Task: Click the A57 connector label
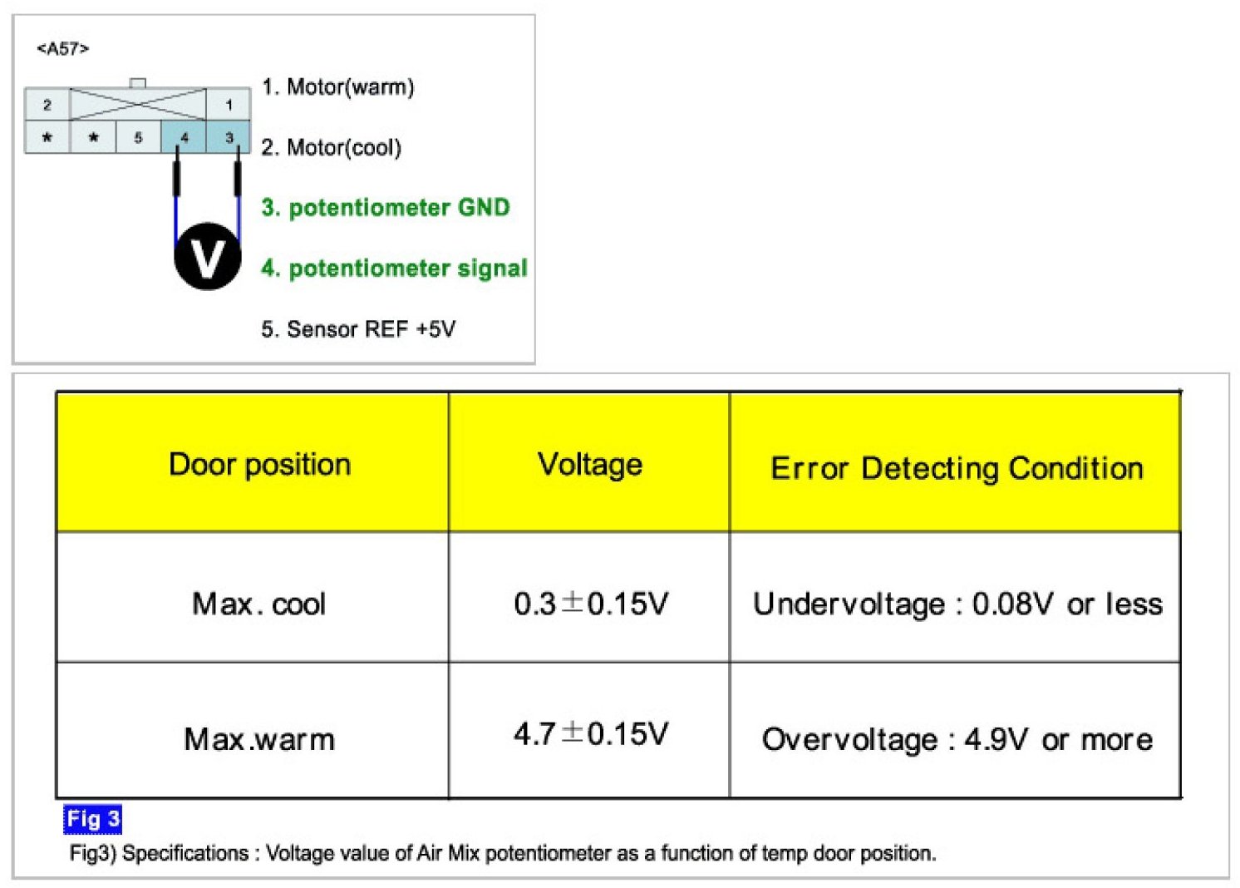point(62,49)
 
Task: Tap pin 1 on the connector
point(229,105)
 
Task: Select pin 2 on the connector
point(47,105)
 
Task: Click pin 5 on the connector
point(138,137)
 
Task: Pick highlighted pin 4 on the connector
point(184,137)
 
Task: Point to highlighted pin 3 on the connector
point(229,137)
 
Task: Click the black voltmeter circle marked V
point(207,257)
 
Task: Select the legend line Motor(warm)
point(337,86)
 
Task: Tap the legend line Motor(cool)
point(331,147)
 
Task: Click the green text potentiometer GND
point(385,207)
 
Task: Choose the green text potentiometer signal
point(394,268)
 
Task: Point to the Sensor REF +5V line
point(358,328)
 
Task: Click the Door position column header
point(259,464)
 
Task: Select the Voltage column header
point(590,464)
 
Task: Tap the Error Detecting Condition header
point(957,468)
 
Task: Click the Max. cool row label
point(258,604)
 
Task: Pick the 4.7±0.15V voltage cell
point(590,733)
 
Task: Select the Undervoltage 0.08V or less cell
point(957,604)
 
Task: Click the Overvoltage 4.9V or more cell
point(957,738)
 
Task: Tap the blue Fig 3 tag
point(92,819)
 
